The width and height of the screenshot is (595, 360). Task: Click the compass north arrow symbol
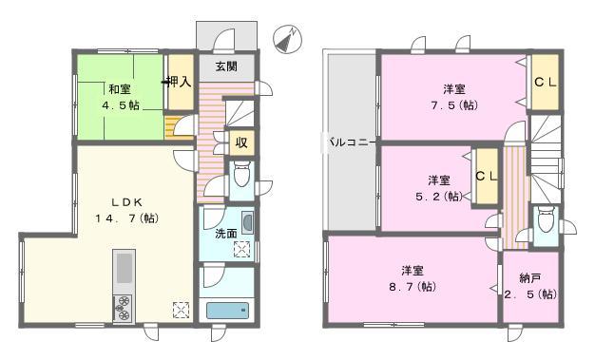coord(288,38)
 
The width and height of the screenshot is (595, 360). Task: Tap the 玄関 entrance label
coord(226,66)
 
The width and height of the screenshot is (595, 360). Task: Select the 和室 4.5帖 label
coord(121,98)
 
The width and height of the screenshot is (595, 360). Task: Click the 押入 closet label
coord(179,83)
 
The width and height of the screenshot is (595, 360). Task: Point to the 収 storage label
coord(241,143)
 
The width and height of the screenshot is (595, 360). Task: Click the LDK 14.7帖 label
coord(120,210)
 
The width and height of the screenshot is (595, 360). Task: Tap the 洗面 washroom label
coord(225,233)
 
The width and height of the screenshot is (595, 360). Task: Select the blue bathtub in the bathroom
coord(226,311)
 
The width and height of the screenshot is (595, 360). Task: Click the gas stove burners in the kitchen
coord(125,308)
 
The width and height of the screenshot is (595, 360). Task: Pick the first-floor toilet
coord(241,176)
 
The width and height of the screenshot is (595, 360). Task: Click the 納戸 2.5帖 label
coord(529,286)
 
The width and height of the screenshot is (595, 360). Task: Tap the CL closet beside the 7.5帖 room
coord(545,83)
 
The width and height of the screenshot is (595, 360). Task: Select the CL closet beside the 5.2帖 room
coord(486,176)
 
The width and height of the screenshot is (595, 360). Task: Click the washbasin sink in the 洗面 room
coord(247,224)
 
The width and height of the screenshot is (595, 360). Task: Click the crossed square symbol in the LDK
coord(182,308)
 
